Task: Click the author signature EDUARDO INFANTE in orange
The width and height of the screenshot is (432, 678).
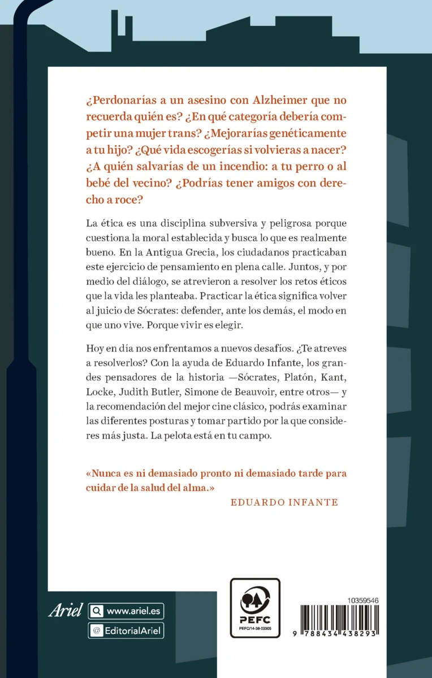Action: tap(284, 502)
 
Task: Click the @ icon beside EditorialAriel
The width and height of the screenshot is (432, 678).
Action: tap(96, 630)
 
